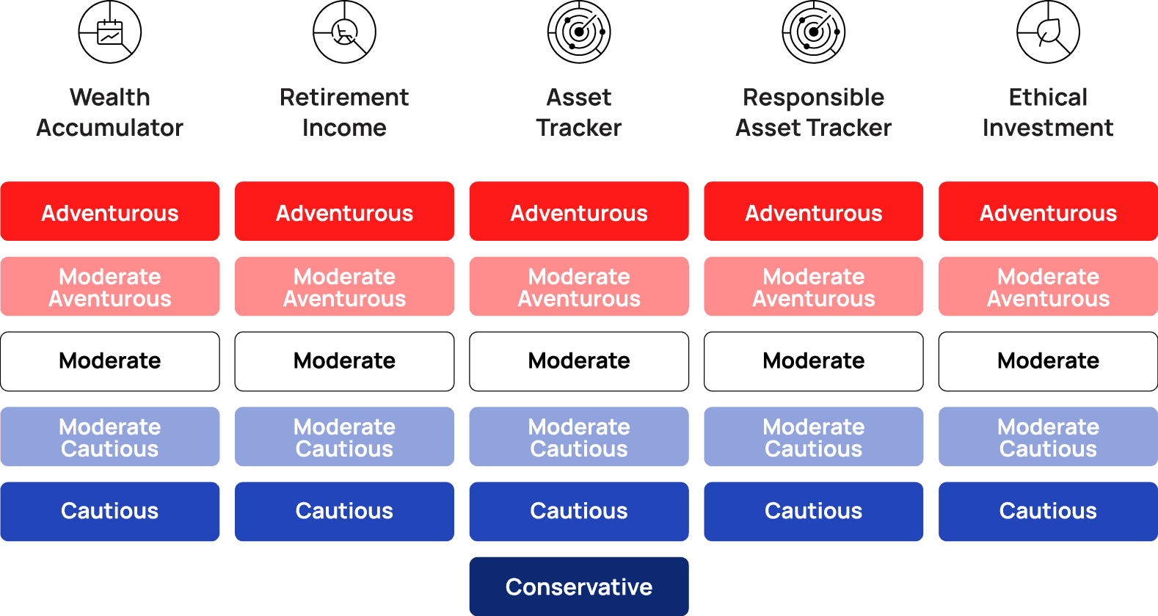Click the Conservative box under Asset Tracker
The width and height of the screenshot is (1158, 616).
click(579, 586)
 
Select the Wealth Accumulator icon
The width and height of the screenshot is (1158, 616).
click(110, 32)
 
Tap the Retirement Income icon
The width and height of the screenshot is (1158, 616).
click(344, 32)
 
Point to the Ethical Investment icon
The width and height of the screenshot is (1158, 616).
click(1048, 32)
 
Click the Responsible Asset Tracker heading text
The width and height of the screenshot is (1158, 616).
click(813, 112)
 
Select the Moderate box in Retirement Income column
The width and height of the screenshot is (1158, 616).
click(344, 361)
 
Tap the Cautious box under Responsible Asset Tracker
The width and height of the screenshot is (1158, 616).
click(813, 511)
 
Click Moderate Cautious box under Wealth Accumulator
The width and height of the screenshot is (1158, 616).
click(110, 437)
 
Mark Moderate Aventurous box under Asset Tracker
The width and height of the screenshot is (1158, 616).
click(579, 286)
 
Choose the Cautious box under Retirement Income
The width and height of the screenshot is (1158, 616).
click(344, 511)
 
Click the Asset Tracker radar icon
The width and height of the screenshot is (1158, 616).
click(579, 32)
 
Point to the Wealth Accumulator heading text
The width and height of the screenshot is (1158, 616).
click(110, 112)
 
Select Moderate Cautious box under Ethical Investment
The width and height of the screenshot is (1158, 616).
click(1048, 437)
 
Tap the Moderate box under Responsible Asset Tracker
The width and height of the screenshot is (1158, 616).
click(813, 361)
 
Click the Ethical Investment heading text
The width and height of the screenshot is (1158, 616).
click(1048, 112)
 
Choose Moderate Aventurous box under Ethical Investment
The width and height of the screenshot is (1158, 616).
click(1048, 286)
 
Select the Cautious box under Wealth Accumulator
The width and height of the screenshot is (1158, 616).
click(110, 511)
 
